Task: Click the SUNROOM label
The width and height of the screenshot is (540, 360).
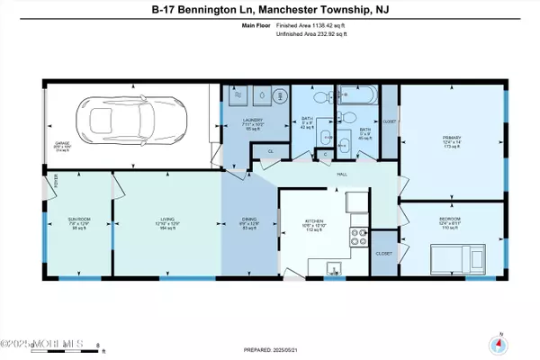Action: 76,219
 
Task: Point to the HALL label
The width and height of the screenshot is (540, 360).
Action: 342,175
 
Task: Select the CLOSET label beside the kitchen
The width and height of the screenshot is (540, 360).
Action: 383,254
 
